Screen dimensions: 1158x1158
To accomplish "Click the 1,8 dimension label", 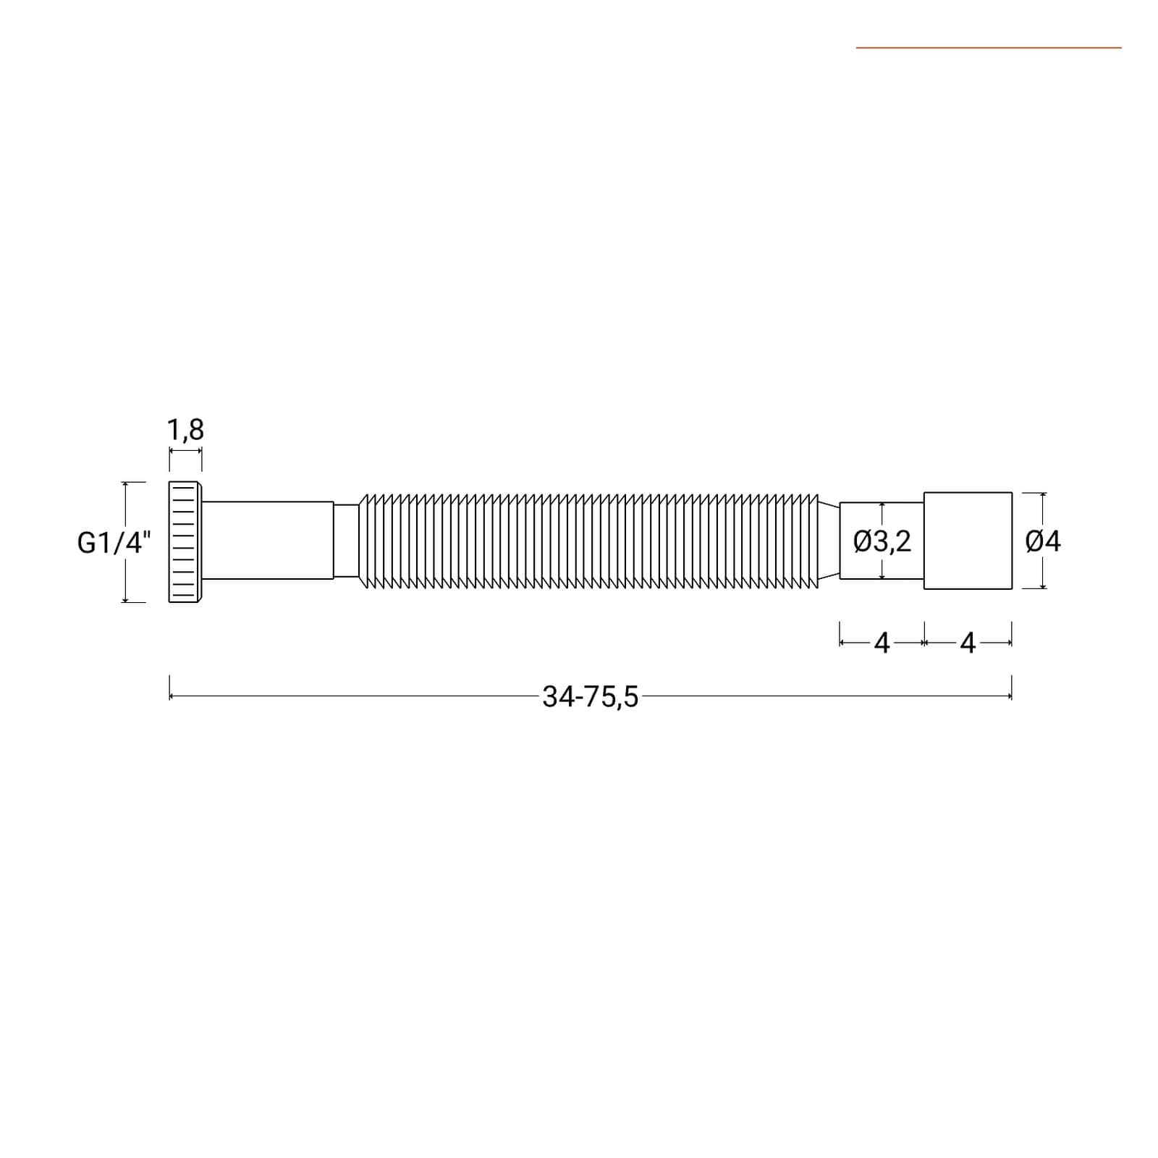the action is tap(185, 430).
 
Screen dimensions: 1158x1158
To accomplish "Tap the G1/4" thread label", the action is tap(114, 542).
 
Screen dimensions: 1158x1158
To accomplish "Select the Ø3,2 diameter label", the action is tap(882, 541).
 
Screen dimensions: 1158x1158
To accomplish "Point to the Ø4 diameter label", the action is tap(1043, 541).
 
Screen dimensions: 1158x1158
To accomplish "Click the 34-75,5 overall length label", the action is tap(591, 697).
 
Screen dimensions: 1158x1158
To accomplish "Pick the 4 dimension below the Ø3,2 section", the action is tap(882, 643).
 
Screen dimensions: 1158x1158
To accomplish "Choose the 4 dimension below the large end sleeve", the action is tap(968, 643).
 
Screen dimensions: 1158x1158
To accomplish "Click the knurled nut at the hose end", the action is tap(185, 541).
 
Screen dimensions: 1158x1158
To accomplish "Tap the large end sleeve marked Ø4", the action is tap(968, 541).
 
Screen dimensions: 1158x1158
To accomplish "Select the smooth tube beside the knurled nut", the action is tap(268, 540).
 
